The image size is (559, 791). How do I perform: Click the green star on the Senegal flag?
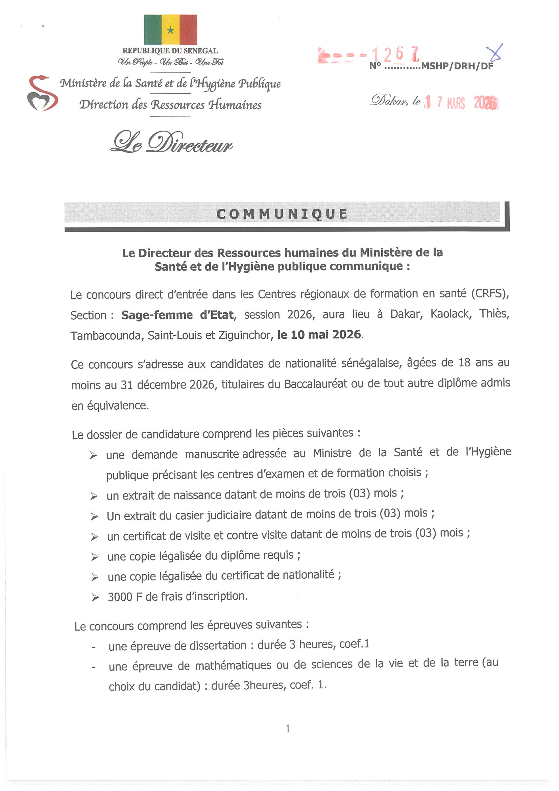coord(170,30)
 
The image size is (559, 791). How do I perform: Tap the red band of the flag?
coord(188,30)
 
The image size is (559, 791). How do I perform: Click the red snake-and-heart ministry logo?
coord(42,93)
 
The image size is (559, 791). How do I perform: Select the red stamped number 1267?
coord(395,55)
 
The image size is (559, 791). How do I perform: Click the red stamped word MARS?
coord(456,103)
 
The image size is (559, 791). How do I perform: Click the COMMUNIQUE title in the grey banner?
coord(282,214)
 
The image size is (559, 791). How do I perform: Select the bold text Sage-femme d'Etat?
coord(177,315)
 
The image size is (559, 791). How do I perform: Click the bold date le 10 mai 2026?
coord(319,335)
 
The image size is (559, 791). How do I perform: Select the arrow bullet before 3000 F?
coord(95,598)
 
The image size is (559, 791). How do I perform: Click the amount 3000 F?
coord(125,597)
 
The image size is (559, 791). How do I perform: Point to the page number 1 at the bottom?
coord(288,729)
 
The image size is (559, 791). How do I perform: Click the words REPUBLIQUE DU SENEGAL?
coord(170,51)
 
